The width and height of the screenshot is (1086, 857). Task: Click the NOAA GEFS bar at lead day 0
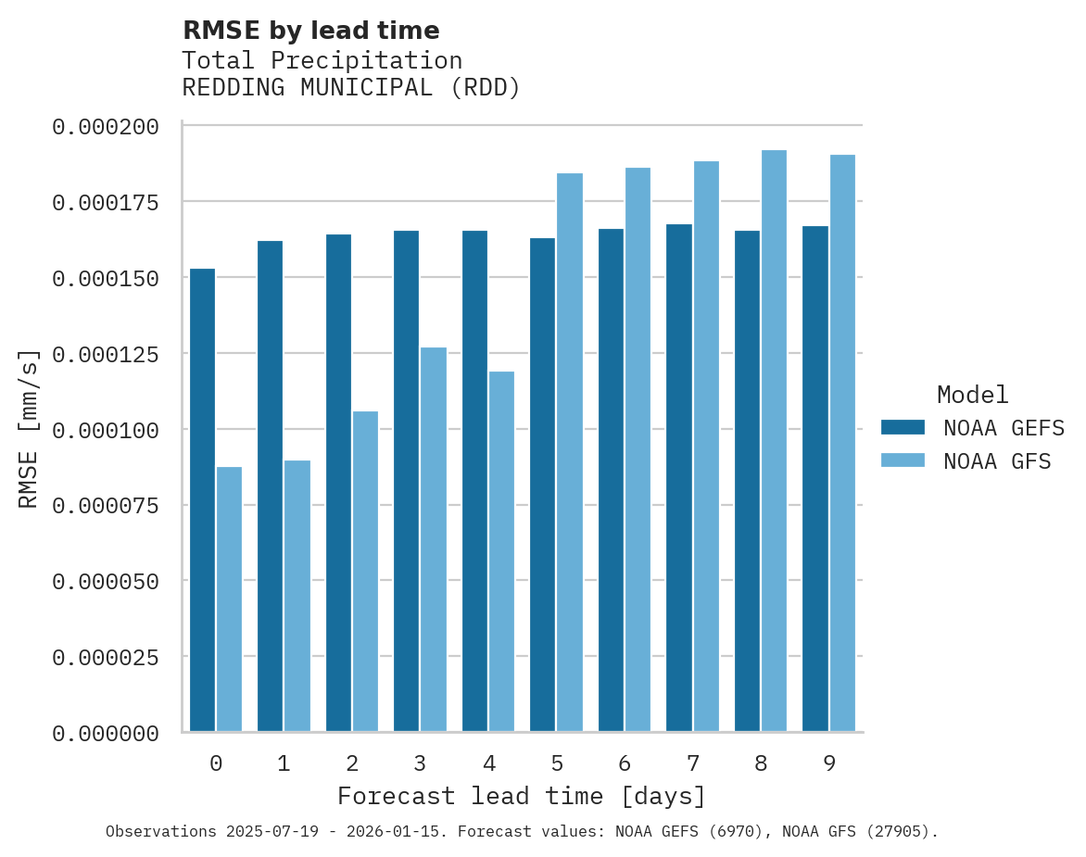(202, 500)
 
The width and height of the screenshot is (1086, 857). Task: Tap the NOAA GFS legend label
(997, 460)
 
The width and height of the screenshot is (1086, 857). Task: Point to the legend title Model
(972, 395)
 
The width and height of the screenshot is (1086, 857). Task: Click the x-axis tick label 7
(692, 763)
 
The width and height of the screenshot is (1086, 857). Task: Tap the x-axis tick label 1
(284, 763)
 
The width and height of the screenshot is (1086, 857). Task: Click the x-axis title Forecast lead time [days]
(522, 796)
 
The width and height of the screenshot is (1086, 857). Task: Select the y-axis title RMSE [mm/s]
(29, 429)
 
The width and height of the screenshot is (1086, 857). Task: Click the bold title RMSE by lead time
(310, 31)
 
